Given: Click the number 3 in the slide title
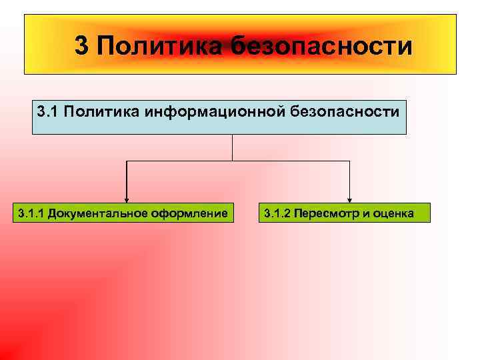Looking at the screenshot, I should (81, 46).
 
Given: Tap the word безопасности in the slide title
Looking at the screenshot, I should (322, 46).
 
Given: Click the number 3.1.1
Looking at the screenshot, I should (31, 213).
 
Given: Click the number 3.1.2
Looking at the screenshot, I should (277, 213).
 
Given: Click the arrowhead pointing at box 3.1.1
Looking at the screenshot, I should (126, 199).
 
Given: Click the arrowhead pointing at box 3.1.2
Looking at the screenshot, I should (350, 199).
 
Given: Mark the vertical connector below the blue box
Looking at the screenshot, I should (232, 147).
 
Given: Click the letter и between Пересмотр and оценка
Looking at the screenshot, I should (364, 213).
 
